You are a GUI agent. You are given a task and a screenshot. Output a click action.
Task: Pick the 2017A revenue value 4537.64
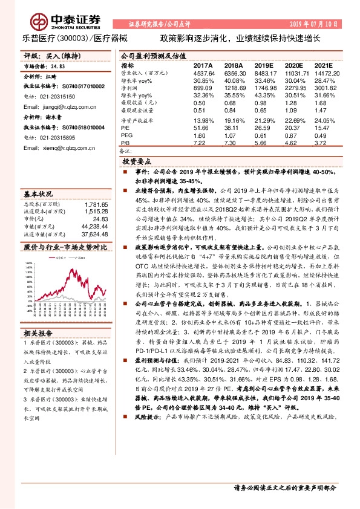tap(204, 73)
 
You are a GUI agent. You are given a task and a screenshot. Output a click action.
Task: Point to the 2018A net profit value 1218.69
tap(235, 88)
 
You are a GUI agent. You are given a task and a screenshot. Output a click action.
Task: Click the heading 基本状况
tap(39, 195)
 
